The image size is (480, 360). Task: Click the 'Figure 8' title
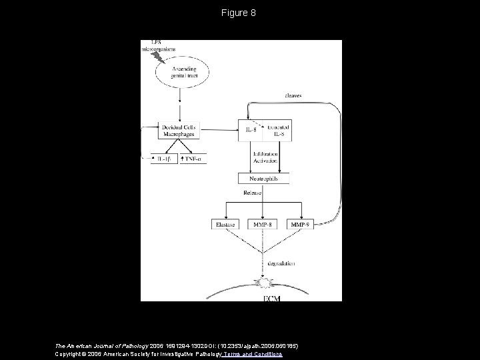pyautogui.click(x=240, y=13)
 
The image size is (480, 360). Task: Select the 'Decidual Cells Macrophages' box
pyautogui.click(x=179, y=130)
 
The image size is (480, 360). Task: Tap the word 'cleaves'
pyautogui.click(x=293, y=95)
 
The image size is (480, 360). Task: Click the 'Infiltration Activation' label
pyautogui.click(x=265, y=157)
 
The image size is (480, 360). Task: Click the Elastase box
pyautogui.click(x=227, y=225)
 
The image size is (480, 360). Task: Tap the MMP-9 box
pyautogui.click(x=299, y=225)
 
